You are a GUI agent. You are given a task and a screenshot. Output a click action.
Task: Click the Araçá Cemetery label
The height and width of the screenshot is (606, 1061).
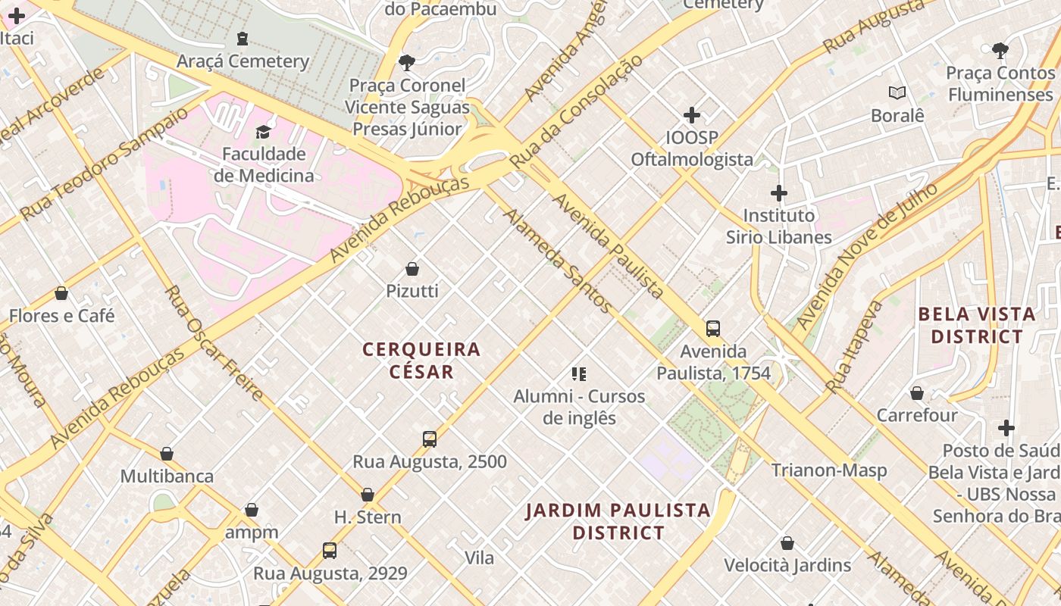click(243, 61)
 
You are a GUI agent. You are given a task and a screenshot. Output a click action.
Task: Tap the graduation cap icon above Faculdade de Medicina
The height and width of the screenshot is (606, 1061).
click(263, 133)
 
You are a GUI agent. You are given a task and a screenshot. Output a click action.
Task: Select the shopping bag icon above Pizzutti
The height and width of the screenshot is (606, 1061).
click(412, 269)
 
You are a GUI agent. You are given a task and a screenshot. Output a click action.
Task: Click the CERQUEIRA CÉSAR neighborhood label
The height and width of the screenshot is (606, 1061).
click(421, 361)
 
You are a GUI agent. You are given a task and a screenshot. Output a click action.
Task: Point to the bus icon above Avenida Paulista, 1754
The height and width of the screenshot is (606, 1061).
click(713, 329)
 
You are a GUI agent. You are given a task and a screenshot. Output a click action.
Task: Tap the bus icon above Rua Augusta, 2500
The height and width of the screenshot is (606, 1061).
click(430, 439)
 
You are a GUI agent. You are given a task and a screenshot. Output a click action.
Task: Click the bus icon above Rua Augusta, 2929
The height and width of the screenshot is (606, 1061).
click(330, 551)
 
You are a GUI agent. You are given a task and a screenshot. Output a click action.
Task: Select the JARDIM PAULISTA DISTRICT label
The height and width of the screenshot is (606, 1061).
click(618, 521)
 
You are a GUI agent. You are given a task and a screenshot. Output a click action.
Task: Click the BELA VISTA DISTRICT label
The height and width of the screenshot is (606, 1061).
click(976, 325)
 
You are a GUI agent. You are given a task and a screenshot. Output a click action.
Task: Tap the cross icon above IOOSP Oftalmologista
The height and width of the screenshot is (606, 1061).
click(692, 115)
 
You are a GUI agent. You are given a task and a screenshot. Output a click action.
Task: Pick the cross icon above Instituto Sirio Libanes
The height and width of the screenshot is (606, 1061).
click(779, 193)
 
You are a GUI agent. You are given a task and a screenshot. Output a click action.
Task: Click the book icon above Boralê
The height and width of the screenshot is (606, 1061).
click(897, 93)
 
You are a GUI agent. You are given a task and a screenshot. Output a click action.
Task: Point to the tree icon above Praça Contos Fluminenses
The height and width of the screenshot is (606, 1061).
click(1000, 51)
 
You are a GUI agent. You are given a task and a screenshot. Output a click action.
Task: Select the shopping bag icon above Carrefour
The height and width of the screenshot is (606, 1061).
click(917, 393)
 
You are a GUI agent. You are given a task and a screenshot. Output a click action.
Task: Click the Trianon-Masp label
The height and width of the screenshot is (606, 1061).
click(829, 470)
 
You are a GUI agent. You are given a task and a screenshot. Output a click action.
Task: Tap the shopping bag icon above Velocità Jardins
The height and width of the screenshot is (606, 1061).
click(787, 543)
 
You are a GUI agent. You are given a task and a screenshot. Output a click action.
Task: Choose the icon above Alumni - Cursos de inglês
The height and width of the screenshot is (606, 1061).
click(579, 373)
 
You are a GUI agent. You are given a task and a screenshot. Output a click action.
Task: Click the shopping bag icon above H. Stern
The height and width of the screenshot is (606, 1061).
click(368, 495)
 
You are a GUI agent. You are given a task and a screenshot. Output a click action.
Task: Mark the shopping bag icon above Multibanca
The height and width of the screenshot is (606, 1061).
click(167, 454)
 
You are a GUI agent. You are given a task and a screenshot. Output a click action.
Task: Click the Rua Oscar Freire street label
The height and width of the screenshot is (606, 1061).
click(214, 343)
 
